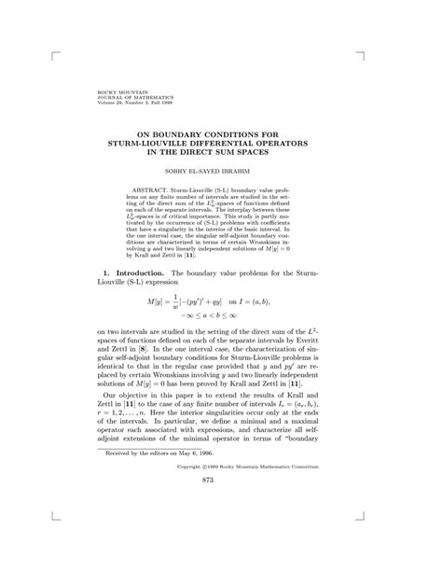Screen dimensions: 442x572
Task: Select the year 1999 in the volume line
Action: click(168, 102)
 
